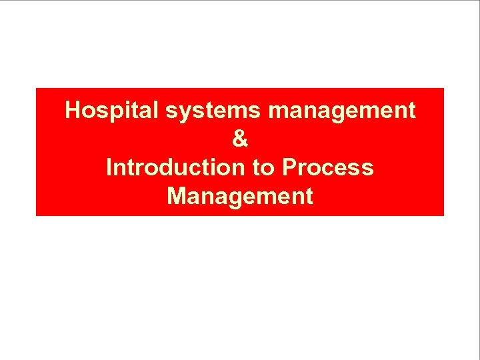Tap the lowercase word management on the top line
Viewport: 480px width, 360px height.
[x=342, y=111]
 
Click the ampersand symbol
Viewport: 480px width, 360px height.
[x=240, y=139]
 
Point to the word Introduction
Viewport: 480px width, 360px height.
[x=175, y=167]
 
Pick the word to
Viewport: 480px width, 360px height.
[x=263, y=167]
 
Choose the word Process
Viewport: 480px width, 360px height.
[x=327, y=167]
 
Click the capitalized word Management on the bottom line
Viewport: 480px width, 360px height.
[x=240, y=197]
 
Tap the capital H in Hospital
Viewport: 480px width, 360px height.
[x=73, y=110]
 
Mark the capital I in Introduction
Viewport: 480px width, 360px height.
[x=109, y=167]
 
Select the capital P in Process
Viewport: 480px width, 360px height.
[x=289, y=167]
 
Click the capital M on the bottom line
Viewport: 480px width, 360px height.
[x=177, y=196]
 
